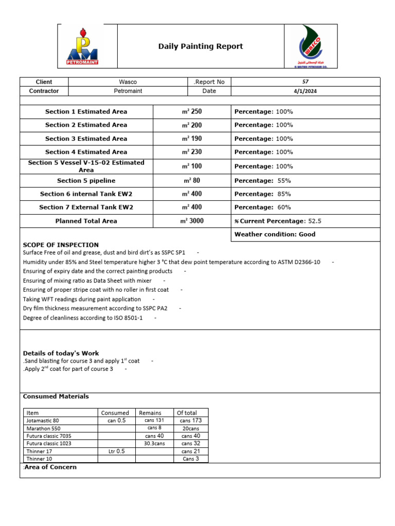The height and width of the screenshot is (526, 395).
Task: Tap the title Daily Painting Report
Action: (x=201, y=47)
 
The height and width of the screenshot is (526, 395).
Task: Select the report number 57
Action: (x=306, y=82)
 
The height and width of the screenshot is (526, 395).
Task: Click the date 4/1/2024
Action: (x=306, y=91)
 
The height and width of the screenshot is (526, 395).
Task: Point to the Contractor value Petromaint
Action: (x=128, y=91)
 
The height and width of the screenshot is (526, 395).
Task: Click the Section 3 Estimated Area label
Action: (x=86, y=139)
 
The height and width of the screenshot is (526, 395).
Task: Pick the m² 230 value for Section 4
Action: (x=191, y=152)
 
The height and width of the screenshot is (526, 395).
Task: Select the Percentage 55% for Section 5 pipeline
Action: (x=262, y=181)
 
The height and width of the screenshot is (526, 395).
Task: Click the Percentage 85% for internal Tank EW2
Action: (x=262, y=194)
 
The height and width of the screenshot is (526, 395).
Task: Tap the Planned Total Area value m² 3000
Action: (x=191, y=221)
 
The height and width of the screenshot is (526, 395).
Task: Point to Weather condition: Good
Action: (x=275, y=234)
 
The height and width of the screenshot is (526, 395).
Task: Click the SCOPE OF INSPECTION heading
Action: (x=61, y=245)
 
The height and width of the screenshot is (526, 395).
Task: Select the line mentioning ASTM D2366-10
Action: (x=171, y=262)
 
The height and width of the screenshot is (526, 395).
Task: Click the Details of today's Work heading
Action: (x=61, y=353)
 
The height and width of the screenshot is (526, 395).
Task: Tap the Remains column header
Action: (x=150, y=412)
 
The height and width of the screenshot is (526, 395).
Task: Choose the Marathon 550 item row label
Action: (x=43, y=428)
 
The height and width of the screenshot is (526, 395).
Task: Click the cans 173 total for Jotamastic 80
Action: (x=191, y=420)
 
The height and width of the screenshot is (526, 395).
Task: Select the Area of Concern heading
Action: (x=50, y=467)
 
